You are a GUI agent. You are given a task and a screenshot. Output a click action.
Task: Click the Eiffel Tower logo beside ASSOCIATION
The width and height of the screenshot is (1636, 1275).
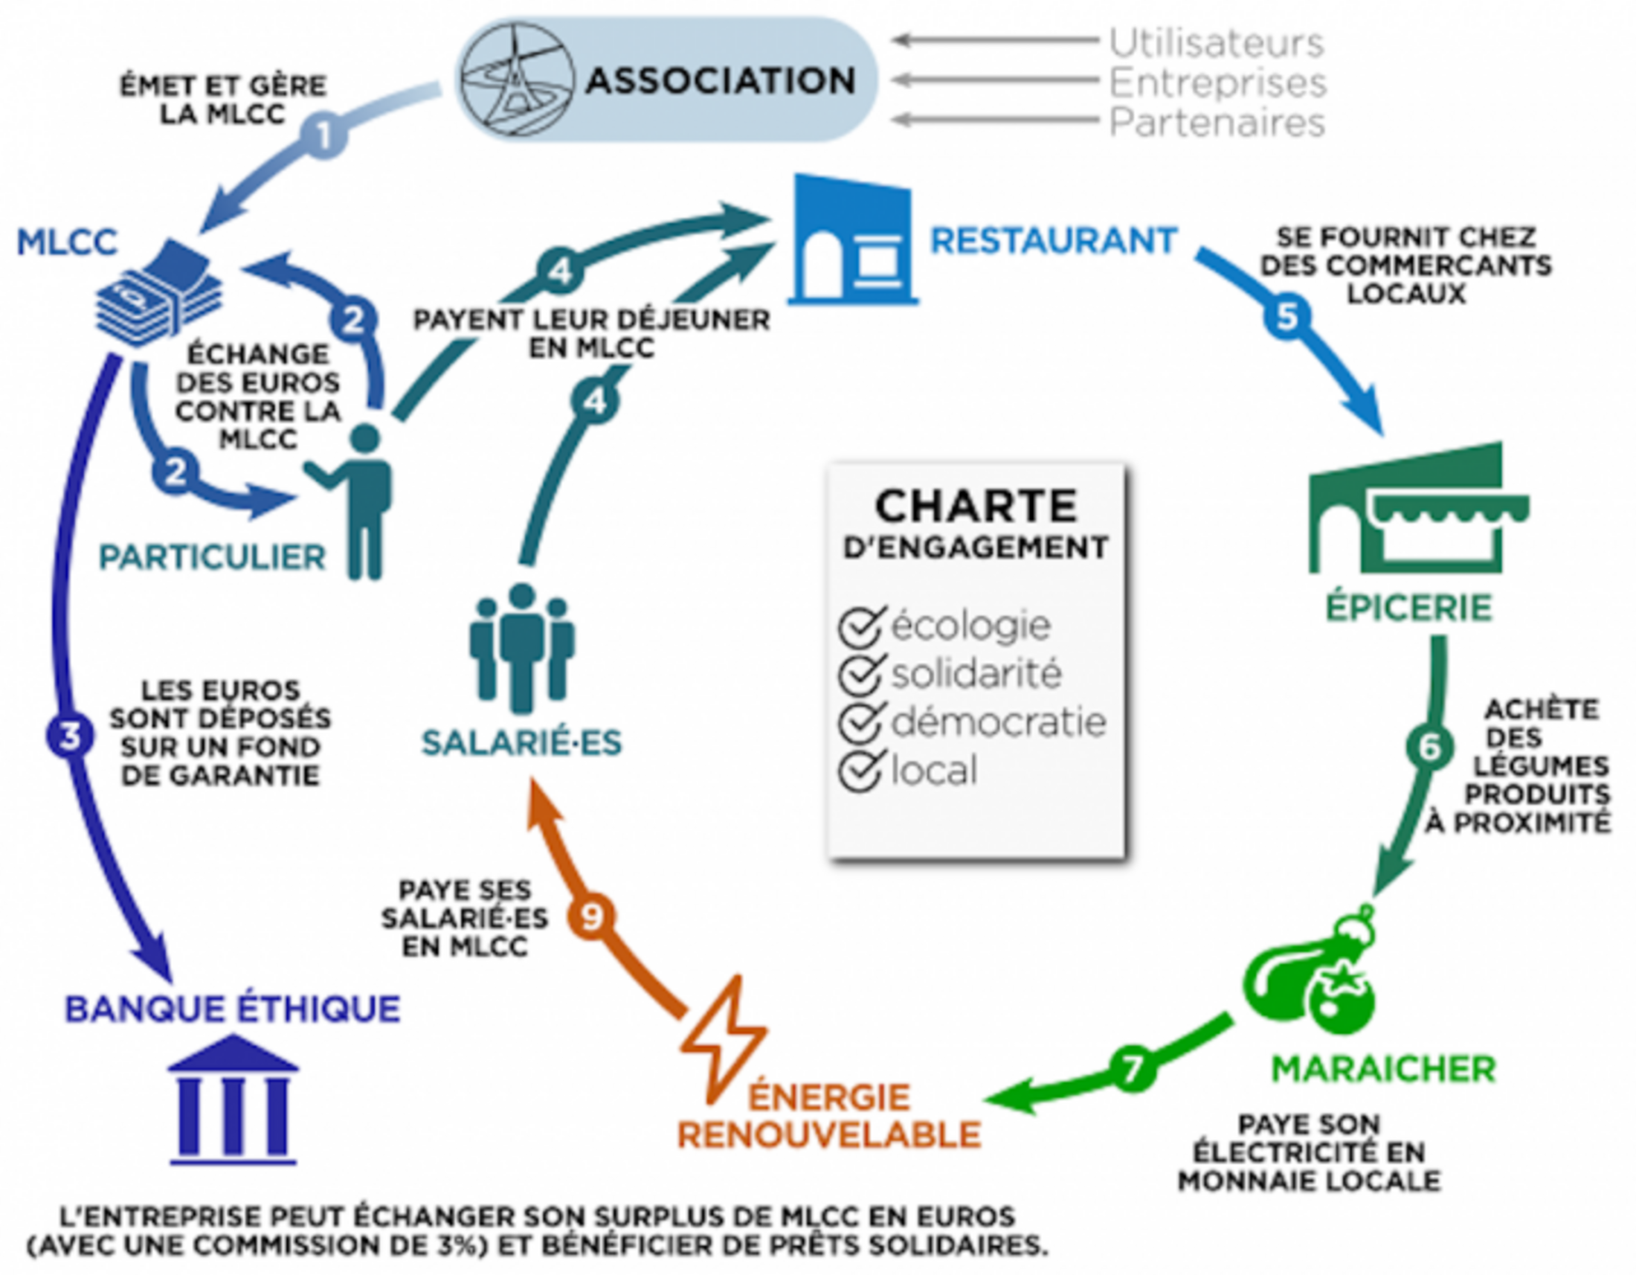click(x=517, y=80)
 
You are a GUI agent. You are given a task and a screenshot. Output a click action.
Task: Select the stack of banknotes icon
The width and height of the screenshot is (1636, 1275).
click(x=160, y=296)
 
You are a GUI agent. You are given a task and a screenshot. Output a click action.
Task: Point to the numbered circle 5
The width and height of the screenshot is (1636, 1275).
click(x=1287, y=316)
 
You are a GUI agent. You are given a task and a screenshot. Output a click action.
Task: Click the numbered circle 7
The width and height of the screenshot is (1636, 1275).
click(x=1132, y=1069)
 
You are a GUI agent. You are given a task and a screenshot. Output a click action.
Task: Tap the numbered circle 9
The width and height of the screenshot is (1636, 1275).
click(x=591, y=916)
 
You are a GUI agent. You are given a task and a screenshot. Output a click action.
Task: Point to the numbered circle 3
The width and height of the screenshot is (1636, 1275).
click(x=70, y=736)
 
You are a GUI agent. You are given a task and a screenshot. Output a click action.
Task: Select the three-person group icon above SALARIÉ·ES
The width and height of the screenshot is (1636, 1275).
click(x=522, y=647)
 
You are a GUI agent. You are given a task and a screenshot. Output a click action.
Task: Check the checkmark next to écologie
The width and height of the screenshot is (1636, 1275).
click(x=860, y=626)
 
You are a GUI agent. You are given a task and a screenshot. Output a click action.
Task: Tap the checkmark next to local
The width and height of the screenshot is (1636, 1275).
click(x=860, y=771)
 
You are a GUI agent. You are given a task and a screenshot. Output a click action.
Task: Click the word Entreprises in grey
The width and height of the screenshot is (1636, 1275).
click(x=1217, y=83)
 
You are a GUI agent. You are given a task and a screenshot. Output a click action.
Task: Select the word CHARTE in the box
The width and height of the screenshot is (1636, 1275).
click(x=976, y=507)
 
